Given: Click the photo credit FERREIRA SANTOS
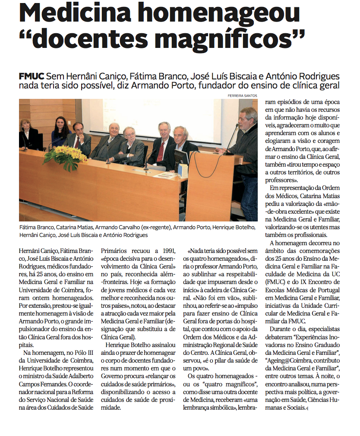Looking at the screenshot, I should (x=243, y=95).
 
